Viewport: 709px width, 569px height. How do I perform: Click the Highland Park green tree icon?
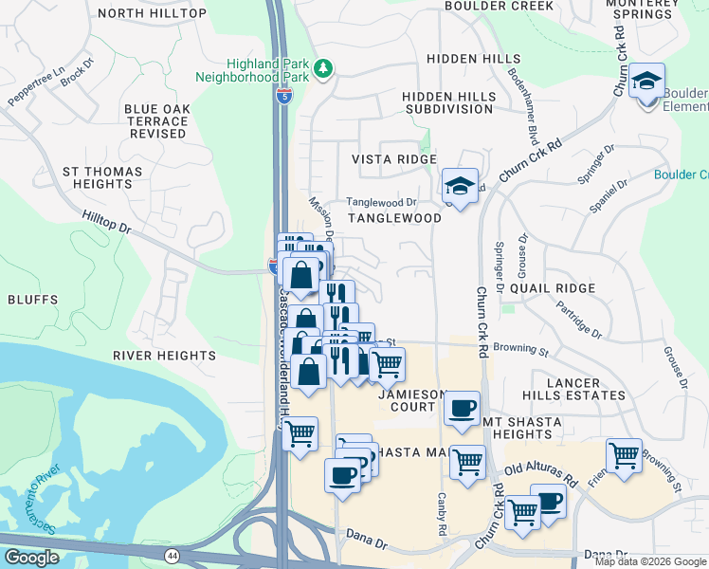pos(324,68)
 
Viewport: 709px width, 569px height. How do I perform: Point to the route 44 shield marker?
pos(172,555)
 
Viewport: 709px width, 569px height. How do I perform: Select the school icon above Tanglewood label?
pos(460,187)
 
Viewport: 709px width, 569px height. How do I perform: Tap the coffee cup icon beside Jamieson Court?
pos(462,409)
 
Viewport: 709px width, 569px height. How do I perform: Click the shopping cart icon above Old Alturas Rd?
pos(624,456)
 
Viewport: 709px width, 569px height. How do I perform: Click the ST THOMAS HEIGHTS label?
pos(101,177)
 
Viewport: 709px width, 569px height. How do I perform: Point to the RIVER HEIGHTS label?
pos(164,356)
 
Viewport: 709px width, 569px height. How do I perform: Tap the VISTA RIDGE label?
pos(394,159)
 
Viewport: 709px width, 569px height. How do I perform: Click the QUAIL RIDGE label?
pos(553,287)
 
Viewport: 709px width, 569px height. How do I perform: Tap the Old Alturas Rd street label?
pos(540,475)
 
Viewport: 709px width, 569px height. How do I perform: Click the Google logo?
pos(31,558)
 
